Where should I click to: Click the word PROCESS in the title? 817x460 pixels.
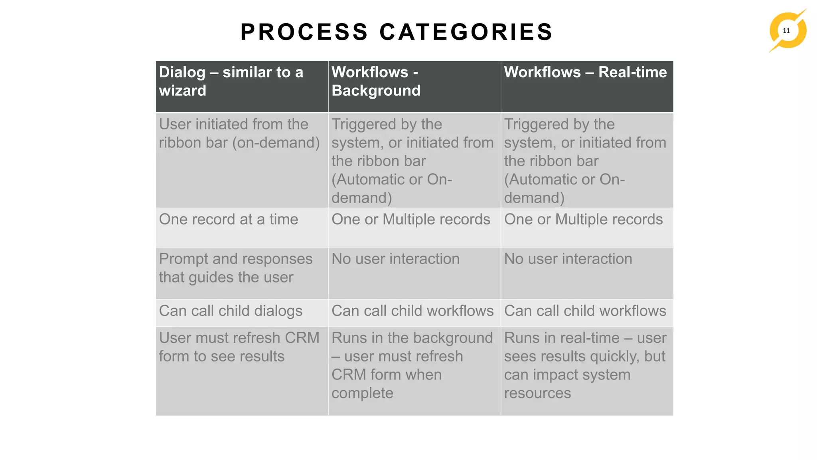[304, 32]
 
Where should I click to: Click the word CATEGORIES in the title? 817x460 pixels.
[466, 32]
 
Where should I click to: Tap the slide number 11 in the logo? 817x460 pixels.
[786, 31]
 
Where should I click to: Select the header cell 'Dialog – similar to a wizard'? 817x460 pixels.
[231, 81]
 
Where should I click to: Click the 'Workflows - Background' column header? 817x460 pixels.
[376, 81]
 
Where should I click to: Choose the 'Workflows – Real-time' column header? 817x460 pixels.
[585, 73]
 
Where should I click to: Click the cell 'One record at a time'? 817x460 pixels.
[229, 220]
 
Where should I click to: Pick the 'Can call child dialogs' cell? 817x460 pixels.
[231, 311]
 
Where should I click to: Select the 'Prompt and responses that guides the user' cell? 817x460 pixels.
[235, 268]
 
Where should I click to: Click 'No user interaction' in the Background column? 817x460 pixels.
[395, 259]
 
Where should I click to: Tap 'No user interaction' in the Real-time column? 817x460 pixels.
[568, 259]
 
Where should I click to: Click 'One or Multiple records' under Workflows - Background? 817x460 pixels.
[410, 220]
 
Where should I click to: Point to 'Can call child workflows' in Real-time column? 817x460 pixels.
[585, 311]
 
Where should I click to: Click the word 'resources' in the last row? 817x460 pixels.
[537, 393]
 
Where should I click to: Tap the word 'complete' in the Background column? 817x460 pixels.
[362, 393]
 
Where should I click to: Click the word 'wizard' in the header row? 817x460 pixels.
[183, 91]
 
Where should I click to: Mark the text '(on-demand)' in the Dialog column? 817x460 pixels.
[276, 143]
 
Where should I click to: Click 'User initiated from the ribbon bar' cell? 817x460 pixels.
[239, 134]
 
